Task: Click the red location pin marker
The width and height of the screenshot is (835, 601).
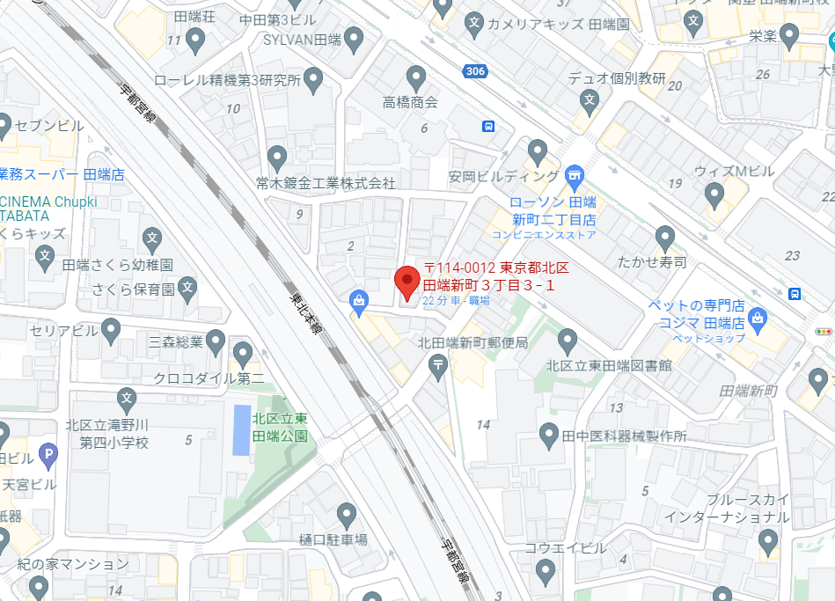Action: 407,282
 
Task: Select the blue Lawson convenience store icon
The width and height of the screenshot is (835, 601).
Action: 575,175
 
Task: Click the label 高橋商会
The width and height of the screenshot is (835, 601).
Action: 410,103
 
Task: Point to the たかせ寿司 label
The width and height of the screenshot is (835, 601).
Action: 652,262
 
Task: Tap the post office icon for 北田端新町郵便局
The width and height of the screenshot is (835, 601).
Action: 438,365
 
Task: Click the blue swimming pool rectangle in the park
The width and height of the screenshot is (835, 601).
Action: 241,429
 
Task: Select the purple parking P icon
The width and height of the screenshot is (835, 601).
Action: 49,456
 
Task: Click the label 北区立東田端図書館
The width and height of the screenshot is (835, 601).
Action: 608,365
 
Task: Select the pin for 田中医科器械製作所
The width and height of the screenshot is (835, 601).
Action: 549,433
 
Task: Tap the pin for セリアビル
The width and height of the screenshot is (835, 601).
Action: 111,330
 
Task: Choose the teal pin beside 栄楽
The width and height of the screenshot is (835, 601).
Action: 789,36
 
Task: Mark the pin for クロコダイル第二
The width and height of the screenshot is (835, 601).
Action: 244,355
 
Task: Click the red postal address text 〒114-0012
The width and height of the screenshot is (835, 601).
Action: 461,268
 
